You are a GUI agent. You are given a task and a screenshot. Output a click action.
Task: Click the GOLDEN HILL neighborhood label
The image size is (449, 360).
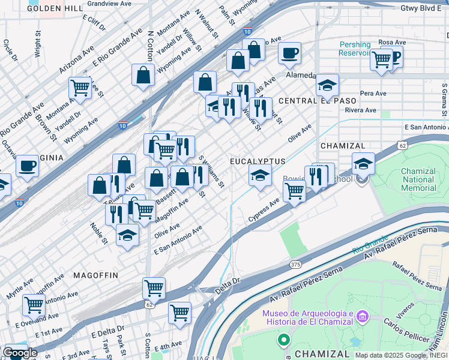point(55,8)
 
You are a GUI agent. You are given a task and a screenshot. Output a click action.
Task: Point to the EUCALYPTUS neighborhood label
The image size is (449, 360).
point(258,162)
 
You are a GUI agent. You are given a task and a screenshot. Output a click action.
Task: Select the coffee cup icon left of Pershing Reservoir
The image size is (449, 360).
point(289,53)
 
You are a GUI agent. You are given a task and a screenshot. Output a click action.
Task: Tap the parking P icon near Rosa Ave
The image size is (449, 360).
point(394,56)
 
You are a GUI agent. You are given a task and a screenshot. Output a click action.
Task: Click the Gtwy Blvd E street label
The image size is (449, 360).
point(424,8)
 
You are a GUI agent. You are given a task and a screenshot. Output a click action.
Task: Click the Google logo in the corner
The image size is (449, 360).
point(20,353)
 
